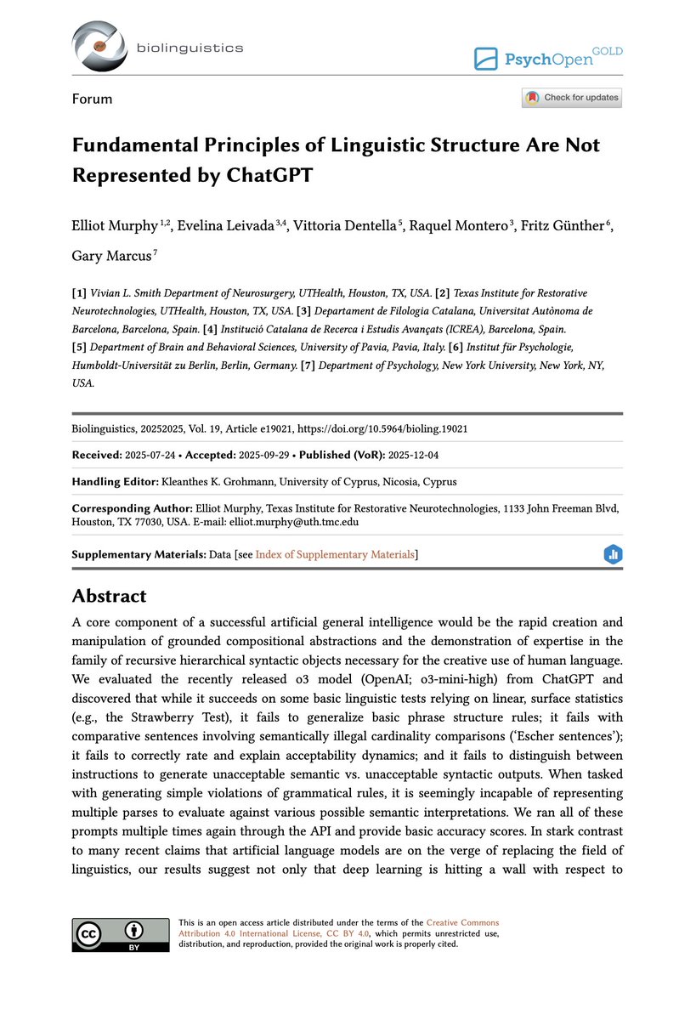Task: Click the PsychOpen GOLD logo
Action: pos(548,58)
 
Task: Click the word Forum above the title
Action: pos(92,99)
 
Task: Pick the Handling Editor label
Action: pos(115,481)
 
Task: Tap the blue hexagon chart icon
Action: pos(613,555)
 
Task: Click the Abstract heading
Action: pos(109,596)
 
